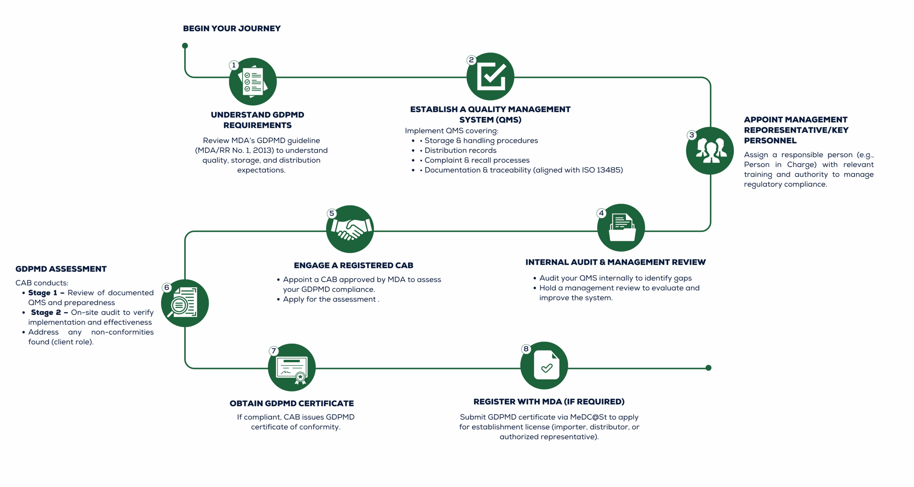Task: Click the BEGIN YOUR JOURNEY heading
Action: click(232, 29)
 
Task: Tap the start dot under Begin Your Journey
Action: click(185, 46)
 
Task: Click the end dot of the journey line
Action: click(708, 368)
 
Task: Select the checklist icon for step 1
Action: click(253, 81)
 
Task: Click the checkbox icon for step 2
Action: click(491, 76)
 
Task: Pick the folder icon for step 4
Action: click(621, 228)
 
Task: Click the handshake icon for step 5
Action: click(350, 229)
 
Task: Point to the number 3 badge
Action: click(692, 135)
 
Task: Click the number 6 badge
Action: click(167, 288)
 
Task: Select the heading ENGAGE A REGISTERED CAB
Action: click(353, 265)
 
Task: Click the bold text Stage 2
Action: click(46, 313)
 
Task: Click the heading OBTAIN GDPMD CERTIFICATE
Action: click(292, 404)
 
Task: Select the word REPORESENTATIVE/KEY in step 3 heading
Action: click(796, 130)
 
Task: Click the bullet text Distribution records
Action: click(461, 151)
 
